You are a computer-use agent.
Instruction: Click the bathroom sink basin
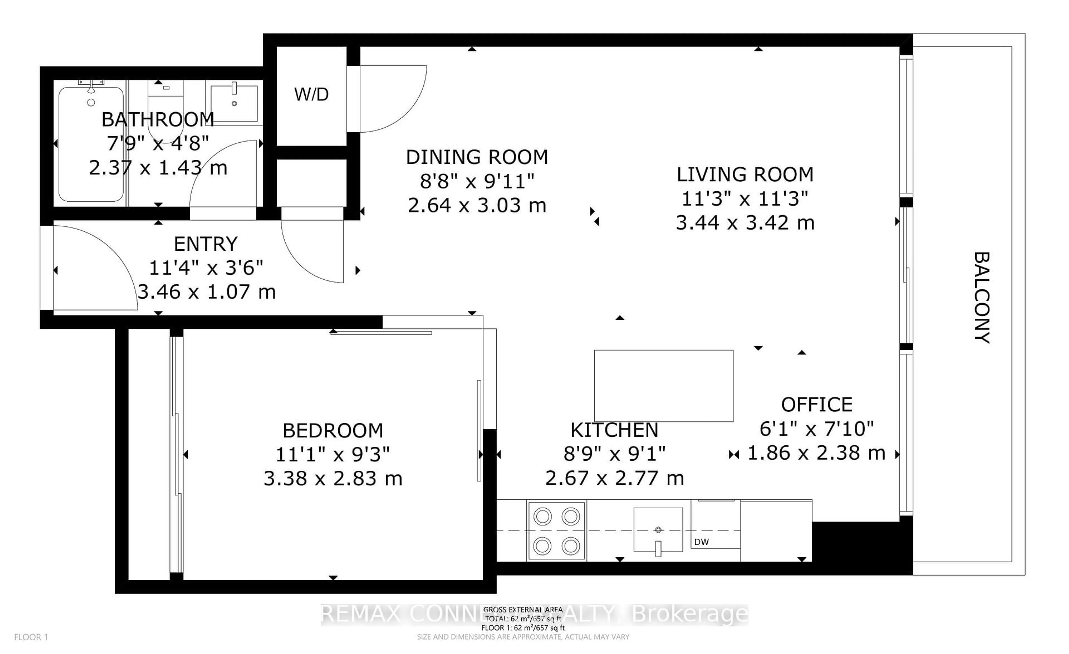(x=234, y=103)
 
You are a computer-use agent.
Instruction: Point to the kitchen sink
(x=658, y=530)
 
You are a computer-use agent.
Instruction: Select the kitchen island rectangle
(x=663, y=385)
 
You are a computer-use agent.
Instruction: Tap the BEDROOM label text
(x=333, y=431)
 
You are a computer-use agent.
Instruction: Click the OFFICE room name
(x=817, y=404)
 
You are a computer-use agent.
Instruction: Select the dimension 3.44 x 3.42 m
(x=745, y=223)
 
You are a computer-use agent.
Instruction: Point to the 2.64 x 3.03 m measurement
(x=477, y=205)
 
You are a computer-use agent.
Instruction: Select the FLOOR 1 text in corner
(x=31, y=637)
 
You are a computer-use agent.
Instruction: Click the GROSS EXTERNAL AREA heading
(x=523, y=610)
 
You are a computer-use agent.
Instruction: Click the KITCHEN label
(x=614, y=430)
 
